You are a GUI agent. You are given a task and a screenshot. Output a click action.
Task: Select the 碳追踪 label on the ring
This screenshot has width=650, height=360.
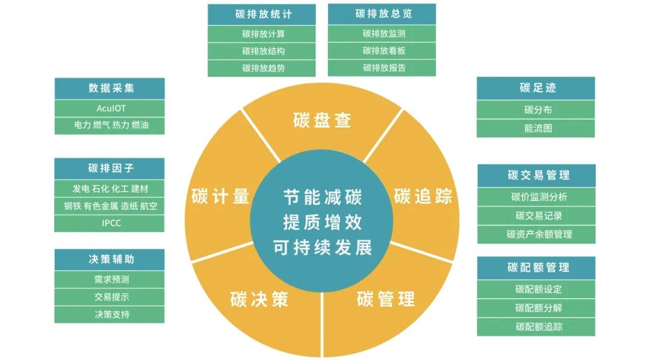pos(422,196)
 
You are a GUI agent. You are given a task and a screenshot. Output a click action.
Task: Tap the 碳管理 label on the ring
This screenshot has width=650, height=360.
pos(385,299)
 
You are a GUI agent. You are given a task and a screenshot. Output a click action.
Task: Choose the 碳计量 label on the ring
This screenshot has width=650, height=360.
pos(220,196)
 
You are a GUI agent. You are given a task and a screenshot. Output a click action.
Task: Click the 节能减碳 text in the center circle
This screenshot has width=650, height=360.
pos(323,197)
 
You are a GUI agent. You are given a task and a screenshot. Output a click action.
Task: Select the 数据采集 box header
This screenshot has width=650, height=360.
pos(110,88)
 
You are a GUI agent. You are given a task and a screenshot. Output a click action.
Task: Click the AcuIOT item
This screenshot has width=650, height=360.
pos(110,108)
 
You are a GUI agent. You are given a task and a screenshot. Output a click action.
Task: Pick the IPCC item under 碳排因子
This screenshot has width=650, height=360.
pos(110,223)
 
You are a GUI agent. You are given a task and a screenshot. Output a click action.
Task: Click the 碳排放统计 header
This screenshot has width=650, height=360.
pos(262,14)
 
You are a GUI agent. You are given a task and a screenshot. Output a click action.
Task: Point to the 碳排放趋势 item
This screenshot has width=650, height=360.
pos(262,68)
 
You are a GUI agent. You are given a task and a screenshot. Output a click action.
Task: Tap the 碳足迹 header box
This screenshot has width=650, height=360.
pos(536,88)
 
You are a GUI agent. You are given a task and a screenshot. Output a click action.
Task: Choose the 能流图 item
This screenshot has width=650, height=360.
pos(536,128)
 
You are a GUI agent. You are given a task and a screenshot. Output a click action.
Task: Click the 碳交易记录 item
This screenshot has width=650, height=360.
pos(536,216)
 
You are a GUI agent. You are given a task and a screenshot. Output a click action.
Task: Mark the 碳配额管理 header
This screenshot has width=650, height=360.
pos(536,268)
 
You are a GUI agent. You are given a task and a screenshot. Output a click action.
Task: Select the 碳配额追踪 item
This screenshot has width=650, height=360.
pos(536,327)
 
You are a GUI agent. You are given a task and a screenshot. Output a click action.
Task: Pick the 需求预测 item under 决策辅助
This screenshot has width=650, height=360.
pos(110,279)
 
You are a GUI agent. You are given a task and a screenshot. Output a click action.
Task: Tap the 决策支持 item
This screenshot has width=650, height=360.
pos(110,314)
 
